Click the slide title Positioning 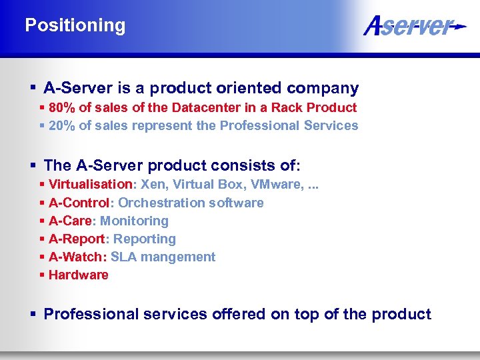pos(75,26)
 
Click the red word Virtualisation pos(91,184)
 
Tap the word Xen pos(153,184)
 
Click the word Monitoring pos(134,221)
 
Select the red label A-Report pos(76,239)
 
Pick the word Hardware pos(78,275)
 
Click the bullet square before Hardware pos(43,275)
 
